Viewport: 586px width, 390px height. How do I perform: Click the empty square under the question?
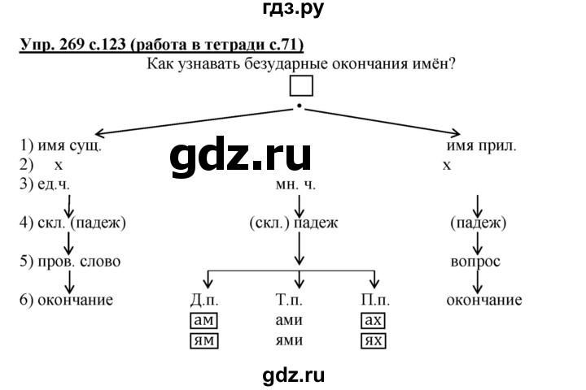pos(300,87)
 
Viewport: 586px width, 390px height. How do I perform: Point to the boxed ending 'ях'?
pos(374,340)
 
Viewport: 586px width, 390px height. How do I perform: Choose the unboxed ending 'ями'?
pos(289,340)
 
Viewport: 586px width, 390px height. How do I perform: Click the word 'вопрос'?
pos(475,262)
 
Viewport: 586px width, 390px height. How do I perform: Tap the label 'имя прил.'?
pos(482,147)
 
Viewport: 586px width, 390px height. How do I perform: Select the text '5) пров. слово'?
pos(70,262)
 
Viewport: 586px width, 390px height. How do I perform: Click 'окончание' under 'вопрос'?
pos(484,301)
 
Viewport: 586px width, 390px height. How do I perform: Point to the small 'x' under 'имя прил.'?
pos(447,165)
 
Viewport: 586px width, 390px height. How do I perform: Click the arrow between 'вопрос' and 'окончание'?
pos(477,281)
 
